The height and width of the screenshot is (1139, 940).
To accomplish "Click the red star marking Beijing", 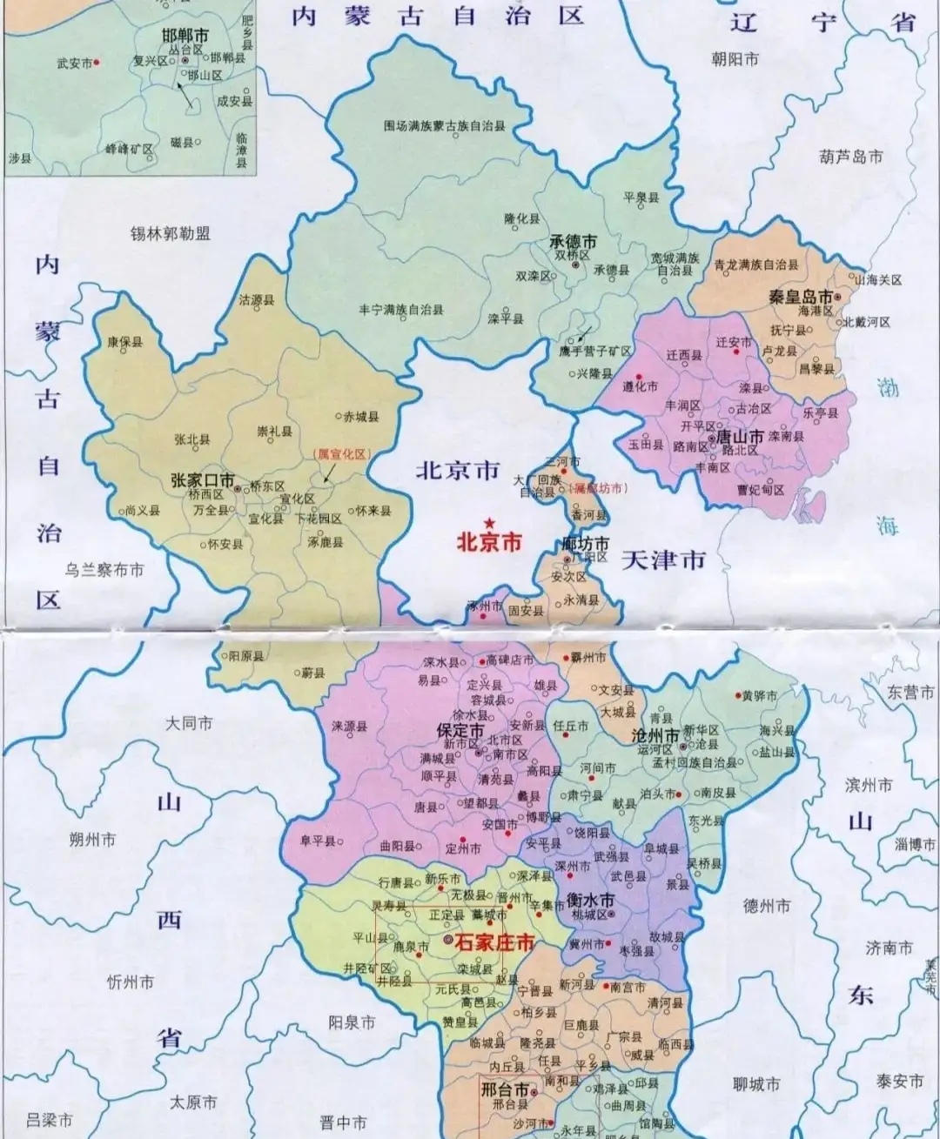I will pos(489,522).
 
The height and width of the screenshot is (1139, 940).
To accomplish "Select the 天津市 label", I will pos(663,559).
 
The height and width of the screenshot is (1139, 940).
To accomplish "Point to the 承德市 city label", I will pos(573,241).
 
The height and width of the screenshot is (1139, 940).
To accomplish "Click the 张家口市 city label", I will pos(202,479).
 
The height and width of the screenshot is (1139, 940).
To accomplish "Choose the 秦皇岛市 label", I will pos(801,297).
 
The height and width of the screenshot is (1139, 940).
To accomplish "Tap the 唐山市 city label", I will pos(740,435).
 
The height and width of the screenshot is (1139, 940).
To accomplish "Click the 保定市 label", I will pos(460,731).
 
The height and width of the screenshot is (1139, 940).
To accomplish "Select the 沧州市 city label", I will pos(655,736).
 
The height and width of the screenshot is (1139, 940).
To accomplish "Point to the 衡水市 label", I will pos(590,900).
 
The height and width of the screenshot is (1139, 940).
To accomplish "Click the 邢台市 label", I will pos(506,1089).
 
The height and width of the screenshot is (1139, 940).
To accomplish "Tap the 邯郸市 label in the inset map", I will pos(185,36).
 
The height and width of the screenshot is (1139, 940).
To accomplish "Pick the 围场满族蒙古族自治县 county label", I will pos(444,126).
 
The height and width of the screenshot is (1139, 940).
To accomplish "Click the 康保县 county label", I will pos(124,342).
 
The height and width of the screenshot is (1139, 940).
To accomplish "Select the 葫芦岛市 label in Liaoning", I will pos(850,157).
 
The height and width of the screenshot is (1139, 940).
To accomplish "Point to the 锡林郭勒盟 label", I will pos(171,233).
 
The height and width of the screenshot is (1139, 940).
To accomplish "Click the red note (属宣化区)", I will pos(341,453).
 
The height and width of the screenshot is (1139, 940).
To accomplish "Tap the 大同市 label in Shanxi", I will pos(189,723).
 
